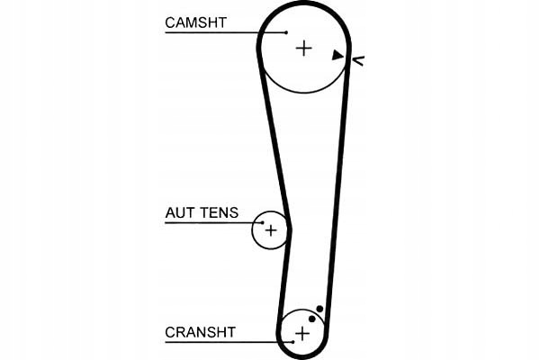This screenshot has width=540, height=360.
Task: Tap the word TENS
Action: pyautogui.click(x=220, y=213)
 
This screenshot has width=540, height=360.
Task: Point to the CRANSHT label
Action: pyautogui.click(x=200, y=332)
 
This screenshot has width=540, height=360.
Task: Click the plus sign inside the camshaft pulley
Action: pyautogui.click(x=303, y=48)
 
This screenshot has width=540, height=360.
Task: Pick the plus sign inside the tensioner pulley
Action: pyautogui.click(x=269, y=230)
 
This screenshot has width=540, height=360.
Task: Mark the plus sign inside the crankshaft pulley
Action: pyautogui.click(x=301, y=333)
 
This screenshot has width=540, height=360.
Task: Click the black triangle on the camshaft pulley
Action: pyautogui.click(x=337, y=56)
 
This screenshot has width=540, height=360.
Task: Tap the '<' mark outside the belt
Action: pyautogui.click(x=358, y=60)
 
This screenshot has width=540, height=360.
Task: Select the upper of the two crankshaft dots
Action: pyautogui.click(x=319, y=308)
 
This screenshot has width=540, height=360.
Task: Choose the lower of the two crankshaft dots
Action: pyautogui.click(x=311, y=318)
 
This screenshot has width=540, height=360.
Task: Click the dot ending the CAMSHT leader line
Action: pyautogui.click(x=286, y=32)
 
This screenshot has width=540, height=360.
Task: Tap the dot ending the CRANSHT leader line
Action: pyautogui.click(x=293, y=341)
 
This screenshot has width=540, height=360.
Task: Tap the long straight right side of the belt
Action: pyautogui.click(x=337, y=180)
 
